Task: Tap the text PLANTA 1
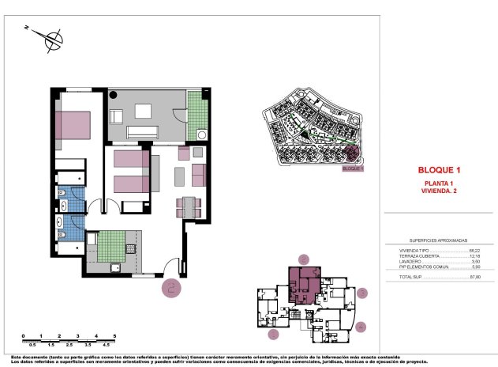click(438, 184)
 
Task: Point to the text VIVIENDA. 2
click(438, 191)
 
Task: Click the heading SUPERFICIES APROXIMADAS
click(438, 240)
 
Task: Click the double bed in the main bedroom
click(75, 126)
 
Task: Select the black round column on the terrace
click(114, 96)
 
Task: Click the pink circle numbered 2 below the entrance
click(170, 287)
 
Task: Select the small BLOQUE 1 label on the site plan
click(352, 168)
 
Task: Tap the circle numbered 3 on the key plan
click(362, 293)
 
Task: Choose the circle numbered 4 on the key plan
click(361, 326)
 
